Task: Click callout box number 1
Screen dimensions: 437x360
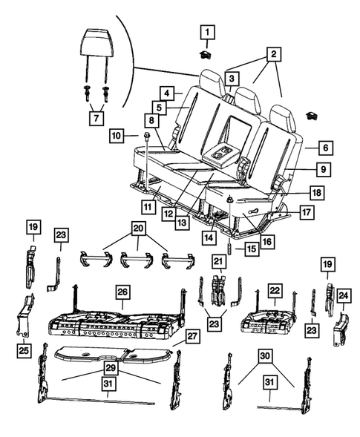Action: click(x=207, y=32)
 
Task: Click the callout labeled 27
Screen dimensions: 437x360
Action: click(x=192, y=336)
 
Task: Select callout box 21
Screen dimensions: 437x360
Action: click(x=218, y=261)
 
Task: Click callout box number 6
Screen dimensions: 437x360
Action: click(x=326, y=147)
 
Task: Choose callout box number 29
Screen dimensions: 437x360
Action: click(x=111, y=369)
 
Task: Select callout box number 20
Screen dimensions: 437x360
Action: click(x=138, y=229)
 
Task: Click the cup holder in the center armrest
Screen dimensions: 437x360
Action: click(x=223, y=154)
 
